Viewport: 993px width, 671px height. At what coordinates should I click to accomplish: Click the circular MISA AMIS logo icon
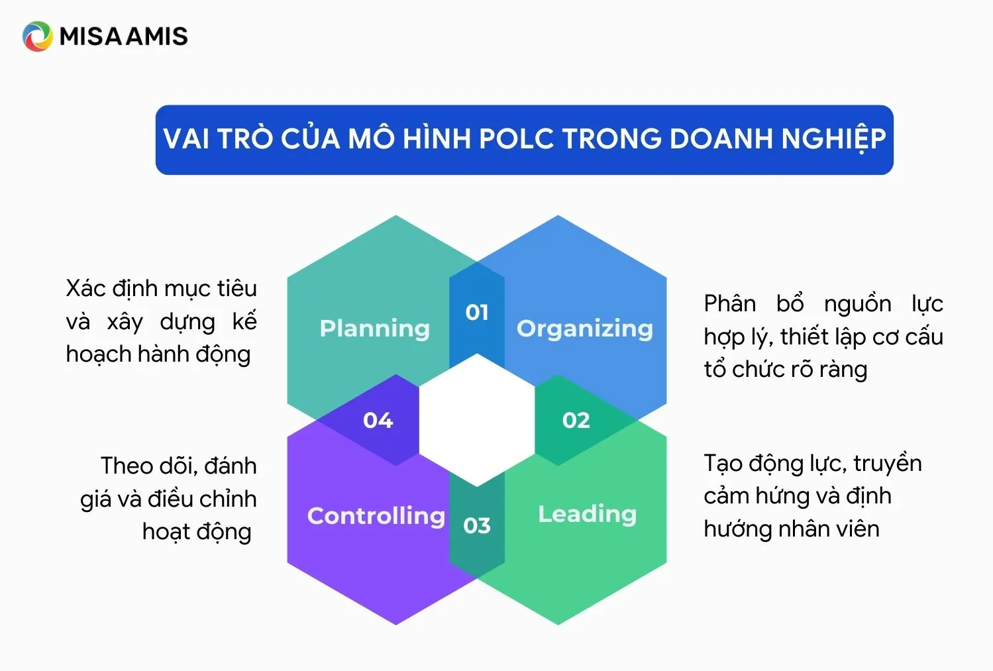coord(37,36)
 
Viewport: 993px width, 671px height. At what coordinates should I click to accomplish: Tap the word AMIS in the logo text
coord(156,36)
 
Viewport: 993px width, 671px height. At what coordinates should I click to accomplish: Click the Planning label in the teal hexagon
coord(374,329)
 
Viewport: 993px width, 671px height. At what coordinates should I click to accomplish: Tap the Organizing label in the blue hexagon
coord(584,329)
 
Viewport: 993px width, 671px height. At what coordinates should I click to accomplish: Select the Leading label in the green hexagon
coord(587,514)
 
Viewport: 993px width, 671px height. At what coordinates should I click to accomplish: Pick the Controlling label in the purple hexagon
coord(376,515)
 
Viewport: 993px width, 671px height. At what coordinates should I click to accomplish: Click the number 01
coord(477,312)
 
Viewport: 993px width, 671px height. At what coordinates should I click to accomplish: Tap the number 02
coord(576,421)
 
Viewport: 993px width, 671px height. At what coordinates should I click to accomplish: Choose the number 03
coord(477,526)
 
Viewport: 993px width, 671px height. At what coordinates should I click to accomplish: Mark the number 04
coord(378,421)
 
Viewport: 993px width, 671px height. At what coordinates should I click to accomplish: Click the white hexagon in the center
coord(477,421)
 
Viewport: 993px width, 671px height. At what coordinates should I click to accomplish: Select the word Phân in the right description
coord(729,303)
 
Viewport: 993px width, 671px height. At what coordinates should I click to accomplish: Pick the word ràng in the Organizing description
coord(843,370)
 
